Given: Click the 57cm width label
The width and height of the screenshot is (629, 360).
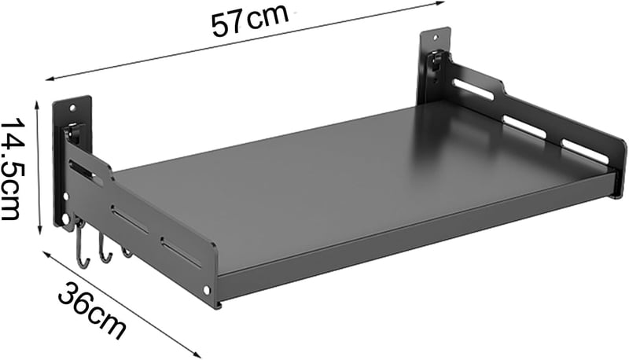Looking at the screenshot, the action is pos(249,21).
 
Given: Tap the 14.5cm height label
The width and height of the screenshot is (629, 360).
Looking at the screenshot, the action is pos(13,169).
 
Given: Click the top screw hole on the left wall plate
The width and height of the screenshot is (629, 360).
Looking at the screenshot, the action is pos(72,108).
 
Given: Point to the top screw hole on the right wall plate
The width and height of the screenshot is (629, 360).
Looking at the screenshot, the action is pos(436,37).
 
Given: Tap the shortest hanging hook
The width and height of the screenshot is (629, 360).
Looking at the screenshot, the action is pos(126,252).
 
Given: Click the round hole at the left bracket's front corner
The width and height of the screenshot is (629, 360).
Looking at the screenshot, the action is pos(207,288).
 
